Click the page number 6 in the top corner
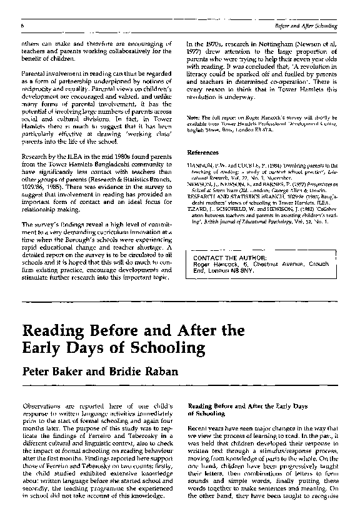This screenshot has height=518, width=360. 22,26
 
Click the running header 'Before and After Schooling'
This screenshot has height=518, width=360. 306,26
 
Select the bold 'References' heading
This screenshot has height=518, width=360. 203,153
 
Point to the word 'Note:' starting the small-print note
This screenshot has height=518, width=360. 193,119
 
